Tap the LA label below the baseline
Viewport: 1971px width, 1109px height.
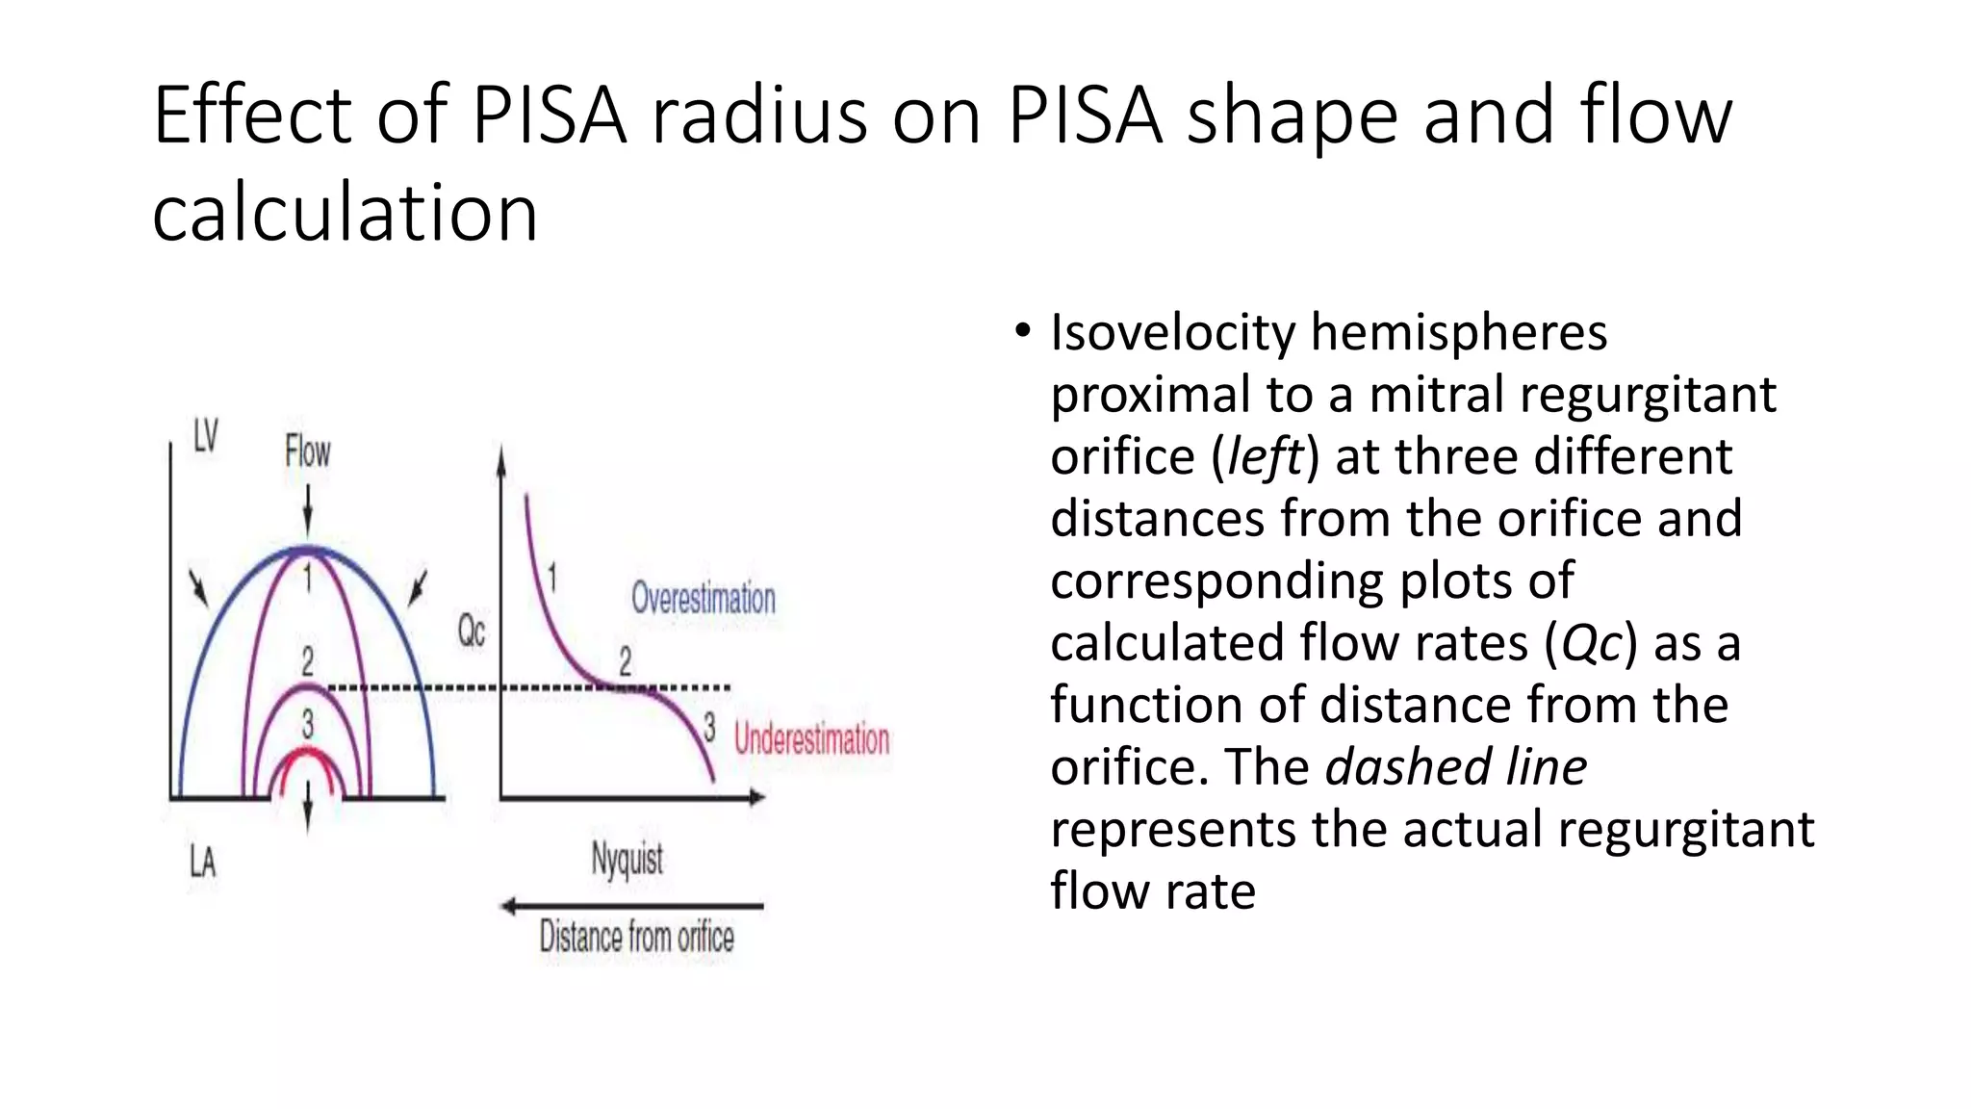[202, 862]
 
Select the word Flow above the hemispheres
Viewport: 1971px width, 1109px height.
[307, 451]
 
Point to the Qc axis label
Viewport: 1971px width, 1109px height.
[471, 632]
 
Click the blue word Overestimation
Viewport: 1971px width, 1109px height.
[703, 599]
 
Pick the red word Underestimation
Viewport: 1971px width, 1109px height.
[811, 739]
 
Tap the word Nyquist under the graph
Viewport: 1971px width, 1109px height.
[627, 859]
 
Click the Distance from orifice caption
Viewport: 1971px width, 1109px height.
[636, 937]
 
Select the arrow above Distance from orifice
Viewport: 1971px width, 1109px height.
[632, 906]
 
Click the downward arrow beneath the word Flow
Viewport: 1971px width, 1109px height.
[307, 511]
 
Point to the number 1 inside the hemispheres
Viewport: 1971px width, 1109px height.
[307, 579]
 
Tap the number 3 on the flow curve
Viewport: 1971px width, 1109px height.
[709, 727]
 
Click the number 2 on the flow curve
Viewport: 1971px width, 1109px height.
[626, 661]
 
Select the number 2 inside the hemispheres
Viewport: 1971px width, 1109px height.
[307, 661]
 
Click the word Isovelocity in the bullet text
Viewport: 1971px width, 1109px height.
[1172, 333]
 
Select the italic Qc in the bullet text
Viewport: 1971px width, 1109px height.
[1590, 643]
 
